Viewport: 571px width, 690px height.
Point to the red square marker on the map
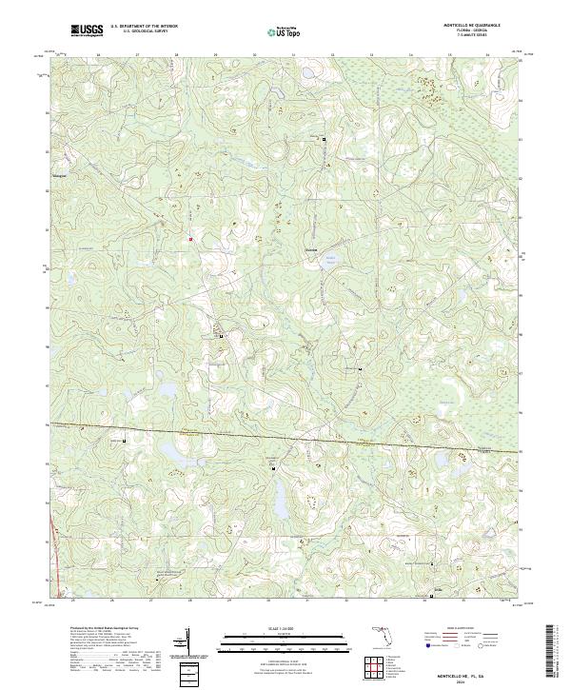tap(190, 238)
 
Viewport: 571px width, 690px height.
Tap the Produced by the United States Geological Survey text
tap(94, 630)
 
